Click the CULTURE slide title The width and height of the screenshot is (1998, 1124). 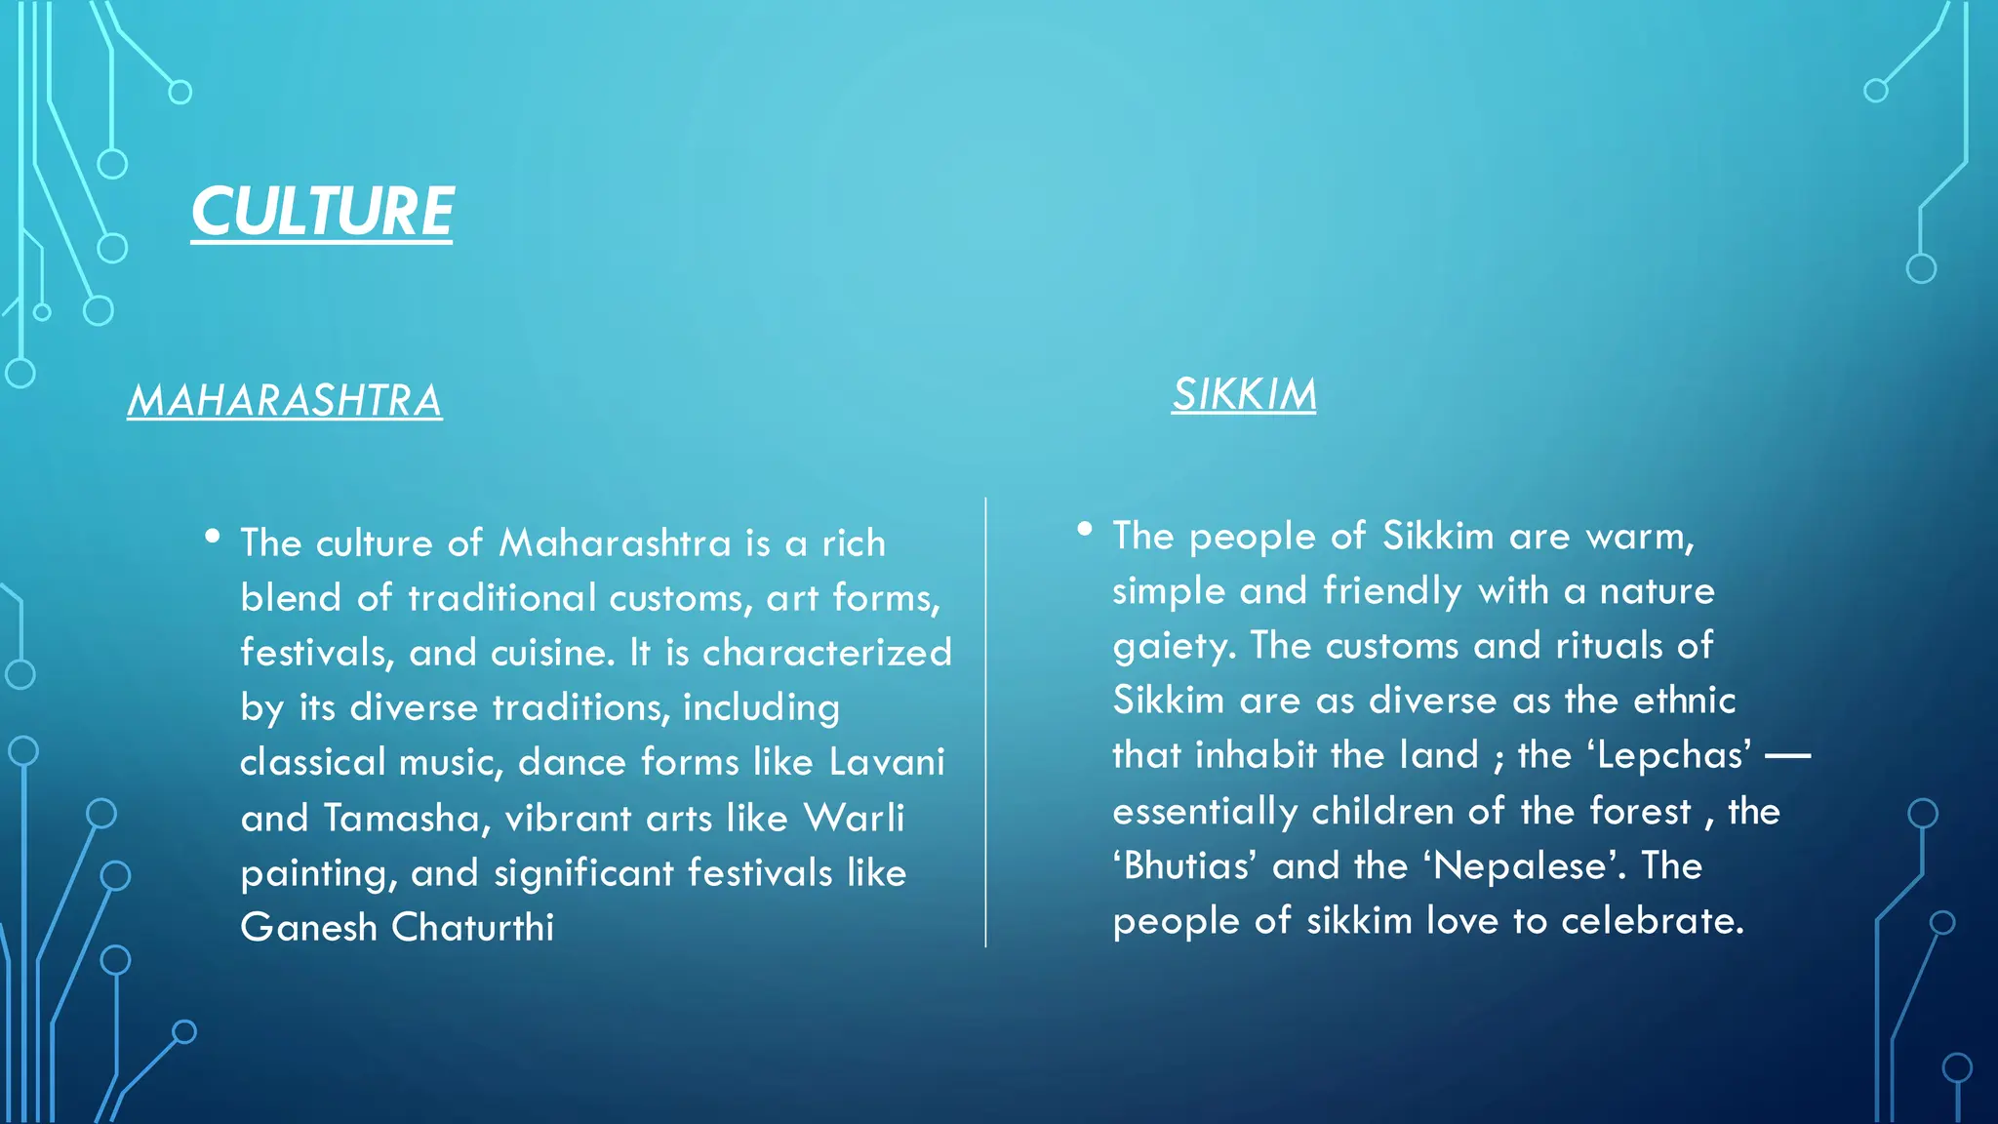click(322, 212)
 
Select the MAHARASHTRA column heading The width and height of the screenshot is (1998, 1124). click(285, 401)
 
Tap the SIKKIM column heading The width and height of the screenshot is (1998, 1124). click(1244, 395)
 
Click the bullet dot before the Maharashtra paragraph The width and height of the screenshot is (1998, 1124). click(213, 536)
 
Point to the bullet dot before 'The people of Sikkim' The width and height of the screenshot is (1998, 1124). click(1084, 529)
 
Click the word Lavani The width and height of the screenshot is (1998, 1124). click(886, 762)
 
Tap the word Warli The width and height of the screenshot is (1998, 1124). click(854, 818)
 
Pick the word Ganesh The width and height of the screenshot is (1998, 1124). click(308, 927)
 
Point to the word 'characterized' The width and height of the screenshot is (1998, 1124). click(826, 653)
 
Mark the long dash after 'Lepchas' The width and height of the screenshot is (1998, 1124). click(1787, 755)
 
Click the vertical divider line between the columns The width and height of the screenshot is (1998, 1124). click(985, 722)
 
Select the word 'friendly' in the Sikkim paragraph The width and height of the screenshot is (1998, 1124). click(1392, 591)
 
